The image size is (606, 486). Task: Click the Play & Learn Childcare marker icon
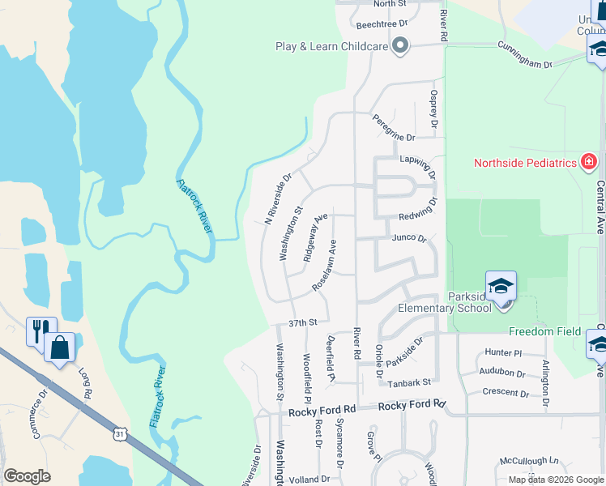399,47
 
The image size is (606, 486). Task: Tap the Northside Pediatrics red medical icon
589,162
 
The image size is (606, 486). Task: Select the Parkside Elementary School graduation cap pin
501,288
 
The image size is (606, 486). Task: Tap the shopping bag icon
60,347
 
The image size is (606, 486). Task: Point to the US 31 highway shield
120,435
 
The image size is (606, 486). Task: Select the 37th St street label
301,322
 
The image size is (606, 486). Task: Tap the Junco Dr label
408,238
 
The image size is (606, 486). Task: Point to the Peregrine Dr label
393,128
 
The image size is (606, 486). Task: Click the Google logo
27,476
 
